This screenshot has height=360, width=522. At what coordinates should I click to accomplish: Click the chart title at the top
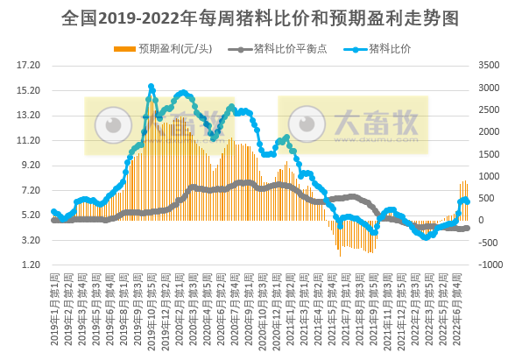261,18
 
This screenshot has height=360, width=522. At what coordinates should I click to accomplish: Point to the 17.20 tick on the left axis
29,66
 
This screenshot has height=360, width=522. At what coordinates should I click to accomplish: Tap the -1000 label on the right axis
490,265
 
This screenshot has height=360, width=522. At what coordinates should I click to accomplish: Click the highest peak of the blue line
152,87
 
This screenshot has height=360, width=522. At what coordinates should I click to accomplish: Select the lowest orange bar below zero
341,255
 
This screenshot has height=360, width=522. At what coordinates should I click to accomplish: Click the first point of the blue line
53,212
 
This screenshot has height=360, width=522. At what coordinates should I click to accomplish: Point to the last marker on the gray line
467,228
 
